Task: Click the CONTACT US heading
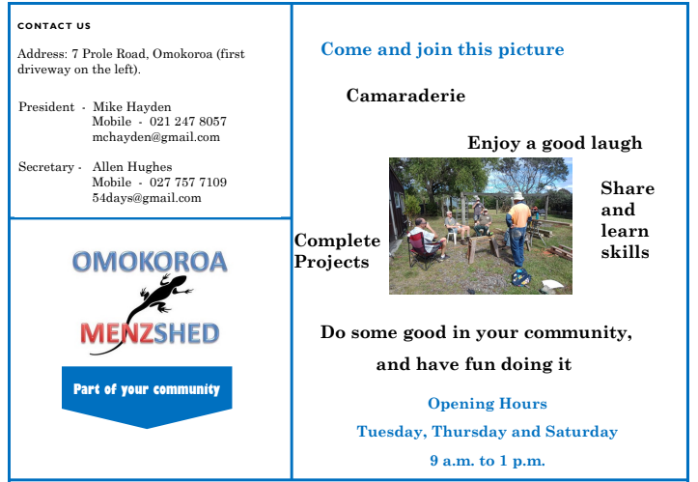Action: click(54, 26)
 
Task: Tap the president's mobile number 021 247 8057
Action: click(188, 121)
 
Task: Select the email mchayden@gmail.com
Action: click(155, 137)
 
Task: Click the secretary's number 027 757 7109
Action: click(188, 183)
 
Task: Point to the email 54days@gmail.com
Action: click(147, 198)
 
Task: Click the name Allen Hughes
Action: click(132, 166)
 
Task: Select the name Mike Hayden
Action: click(131, 107)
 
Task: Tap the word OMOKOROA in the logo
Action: click(150, 262)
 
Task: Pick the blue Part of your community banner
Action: click(147, 392)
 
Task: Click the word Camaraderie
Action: click(405, 96)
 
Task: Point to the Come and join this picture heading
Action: click(442, 49)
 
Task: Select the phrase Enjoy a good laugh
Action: click(555, 143)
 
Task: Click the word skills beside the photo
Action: click(625, 252)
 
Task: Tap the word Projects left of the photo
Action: click(331, 262)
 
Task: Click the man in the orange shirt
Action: click(517, 230)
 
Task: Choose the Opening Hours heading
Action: click(488, 403)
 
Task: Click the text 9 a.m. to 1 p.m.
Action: click(488, 460)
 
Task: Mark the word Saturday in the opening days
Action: click(581, 432)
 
